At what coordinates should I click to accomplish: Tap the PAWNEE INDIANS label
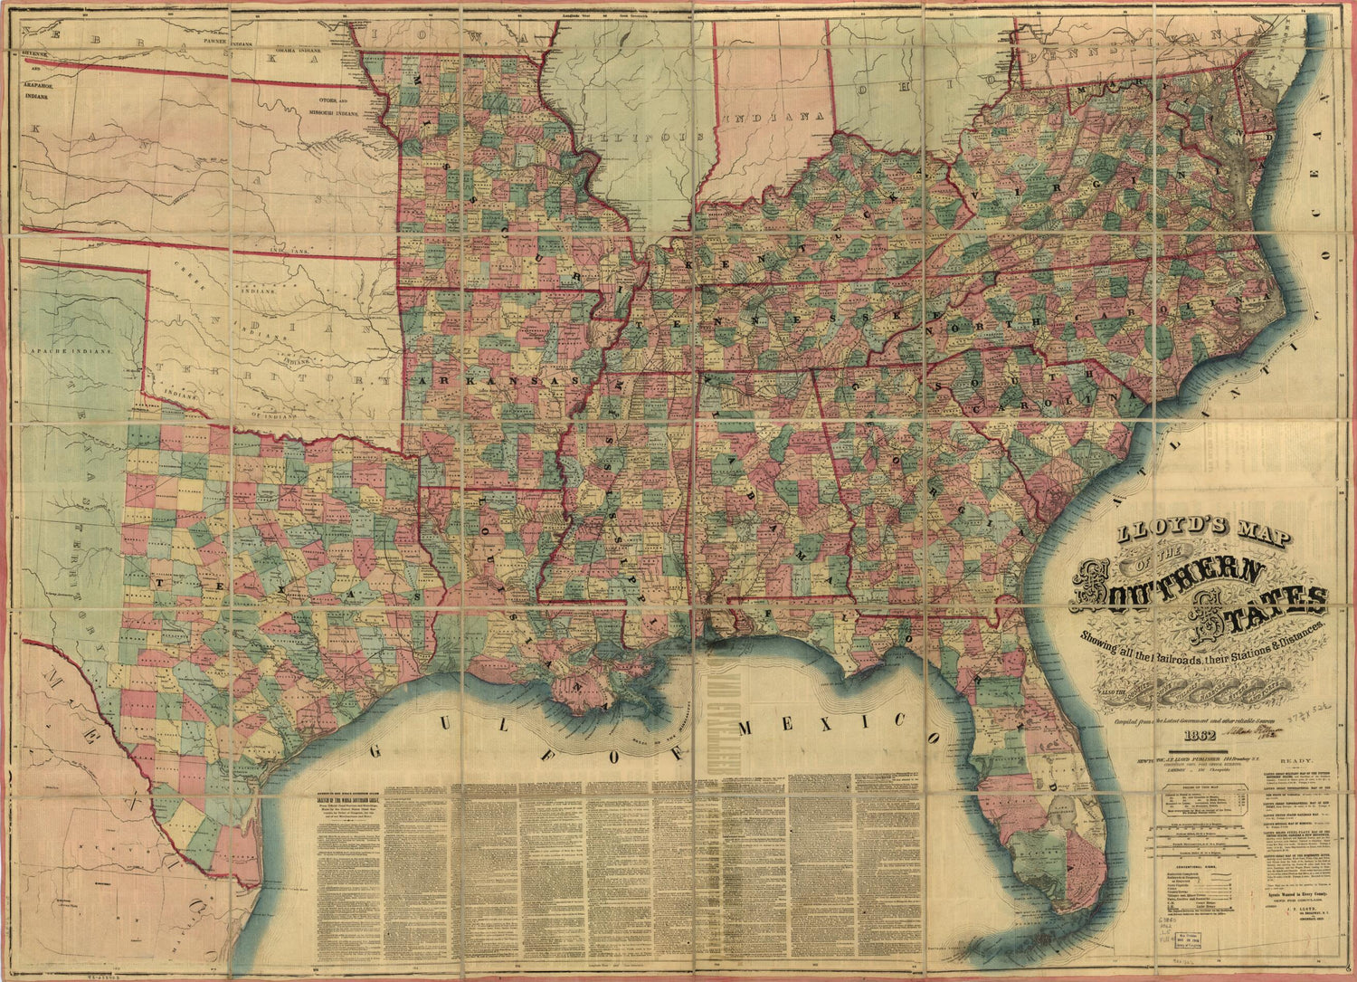pos(226,41)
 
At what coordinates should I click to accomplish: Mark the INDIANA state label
pos(776,118)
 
